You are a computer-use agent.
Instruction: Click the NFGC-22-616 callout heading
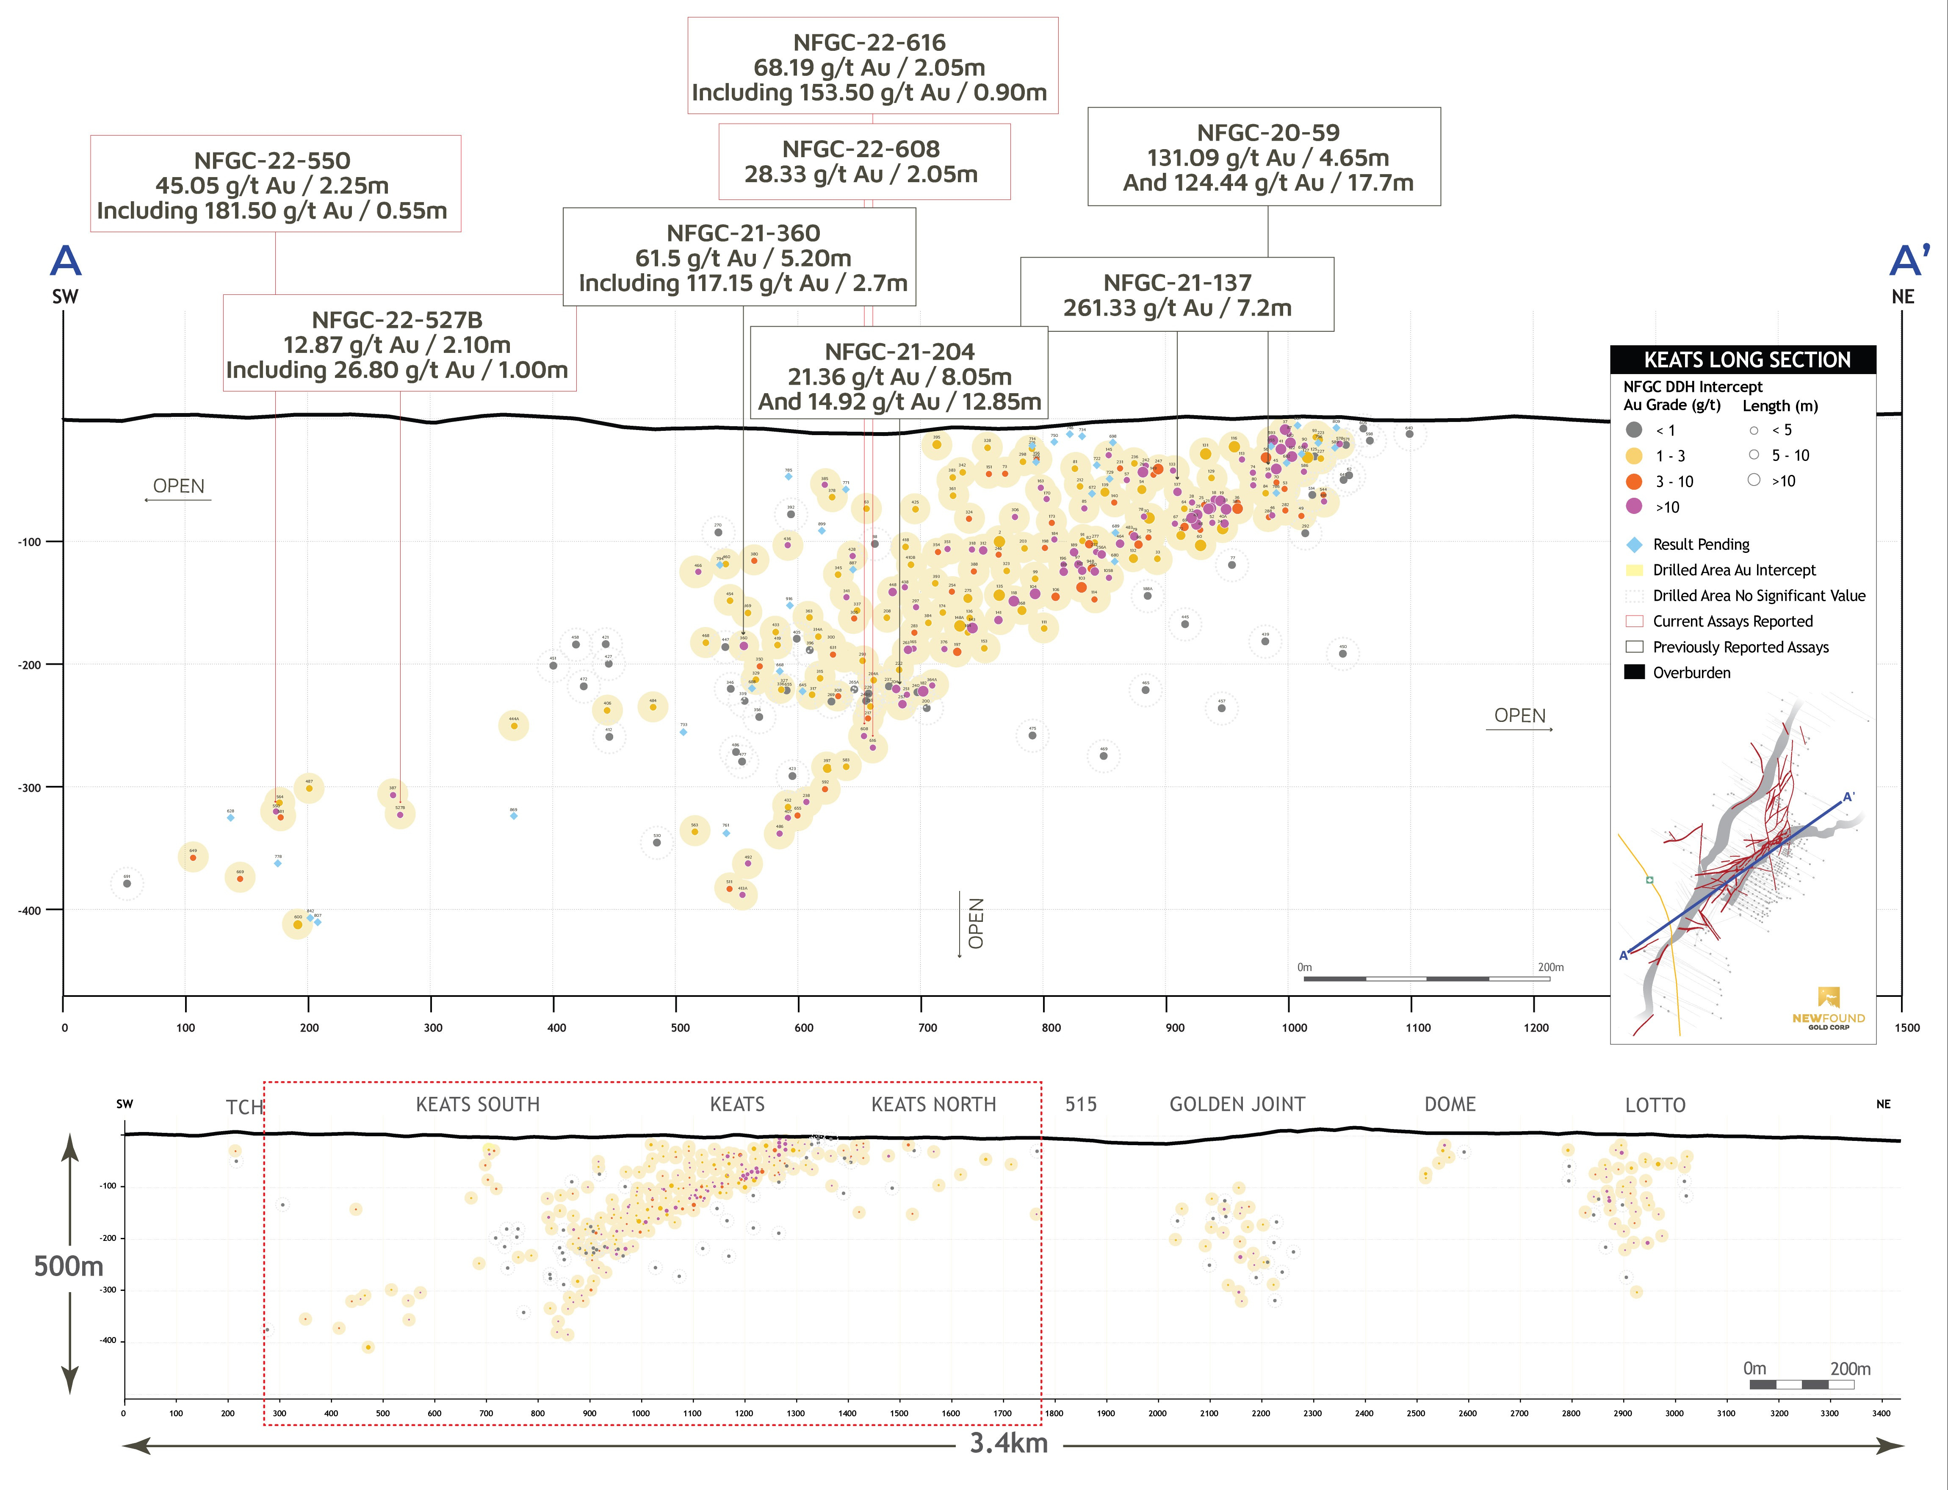point(869,42)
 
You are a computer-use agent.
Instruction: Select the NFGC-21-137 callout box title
point(1176,283)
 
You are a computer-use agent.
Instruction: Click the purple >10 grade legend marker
point(1634,506)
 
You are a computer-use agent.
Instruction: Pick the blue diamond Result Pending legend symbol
point(1634,544)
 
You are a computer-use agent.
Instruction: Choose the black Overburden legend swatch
point(1634,672)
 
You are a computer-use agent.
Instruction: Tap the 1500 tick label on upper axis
point(1907,1028)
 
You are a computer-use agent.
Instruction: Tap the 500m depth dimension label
point(68,1265)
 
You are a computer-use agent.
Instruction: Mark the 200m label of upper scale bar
point(1551,968)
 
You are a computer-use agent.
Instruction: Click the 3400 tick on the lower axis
point(1881,1414)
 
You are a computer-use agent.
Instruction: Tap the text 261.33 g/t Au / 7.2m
point(1176,308)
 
